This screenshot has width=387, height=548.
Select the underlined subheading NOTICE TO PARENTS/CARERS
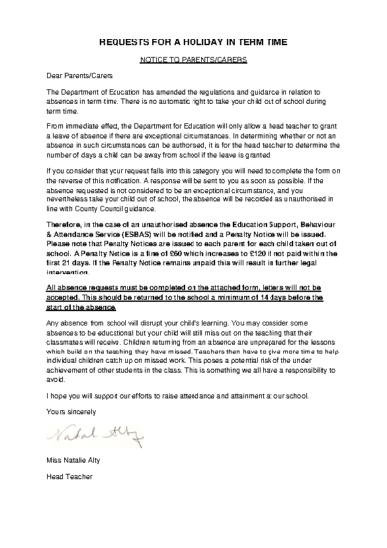193,60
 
